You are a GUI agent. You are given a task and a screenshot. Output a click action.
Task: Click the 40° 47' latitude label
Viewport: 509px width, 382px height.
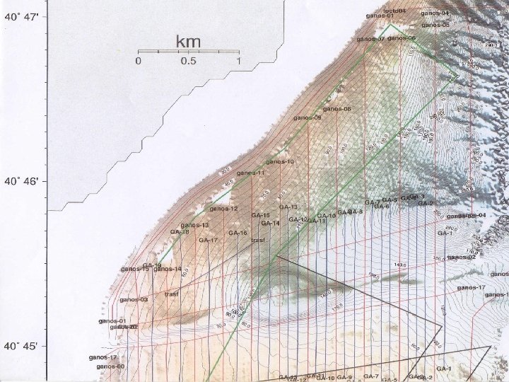23,16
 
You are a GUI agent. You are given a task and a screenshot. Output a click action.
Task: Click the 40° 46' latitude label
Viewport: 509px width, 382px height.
23,181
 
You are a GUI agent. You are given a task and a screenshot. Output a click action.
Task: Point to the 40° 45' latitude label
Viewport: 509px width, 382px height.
23,347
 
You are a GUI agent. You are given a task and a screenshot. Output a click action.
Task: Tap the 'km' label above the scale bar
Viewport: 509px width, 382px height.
188,42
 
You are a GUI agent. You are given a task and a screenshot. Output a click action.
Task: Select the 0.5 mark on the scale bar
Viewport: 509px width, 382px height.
188,62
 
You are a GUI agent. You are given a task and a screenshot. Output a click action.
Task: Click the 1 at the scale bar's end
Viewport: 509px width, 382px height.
239,62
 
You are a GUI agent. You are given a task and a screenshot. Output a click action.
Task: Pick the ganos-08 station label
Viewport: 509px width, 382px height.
337,109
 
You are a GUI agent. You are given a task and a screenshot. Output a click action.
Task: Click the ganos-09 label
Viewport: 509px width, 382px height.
308,117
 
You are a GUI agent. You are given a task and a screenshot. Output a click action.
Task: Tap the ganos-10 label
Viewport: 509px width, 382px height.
280,162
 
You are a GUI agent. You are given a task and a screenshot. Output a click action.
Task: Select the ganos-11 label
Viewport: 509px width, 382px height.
251,173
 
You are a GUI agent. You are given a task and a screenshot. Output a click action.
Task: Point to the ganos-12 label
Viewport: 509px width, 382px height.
223,209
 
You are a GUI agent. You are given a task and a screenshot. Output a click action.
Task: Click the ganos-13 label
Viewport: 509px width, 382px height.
194,225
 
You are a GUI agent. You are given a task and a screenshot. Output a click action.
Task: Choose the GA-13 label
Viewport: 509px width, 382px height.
288,207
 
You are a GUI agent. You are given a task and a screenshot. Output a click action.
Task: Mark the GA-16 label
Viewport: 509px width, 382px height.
238,233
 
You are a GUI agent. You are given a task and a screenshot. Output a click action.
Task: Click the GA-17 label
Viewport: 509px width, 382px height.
208,241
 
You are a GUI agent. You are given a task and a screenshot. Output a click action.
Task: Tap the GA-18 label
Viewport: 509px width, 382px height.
179,232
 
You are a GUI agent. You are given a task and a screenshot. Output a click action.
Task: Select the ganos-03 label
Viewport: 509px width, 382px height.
134,299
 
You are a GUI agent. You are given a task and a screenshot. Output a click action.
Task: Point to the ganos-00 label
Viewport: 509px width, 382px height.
110,366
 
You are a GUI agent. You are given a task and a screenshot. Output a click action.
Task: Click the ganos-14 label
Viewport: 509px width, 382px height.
168,269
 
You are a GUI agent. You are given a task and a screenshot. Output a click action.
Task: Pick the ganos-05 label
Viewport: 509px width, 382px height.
435,25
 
